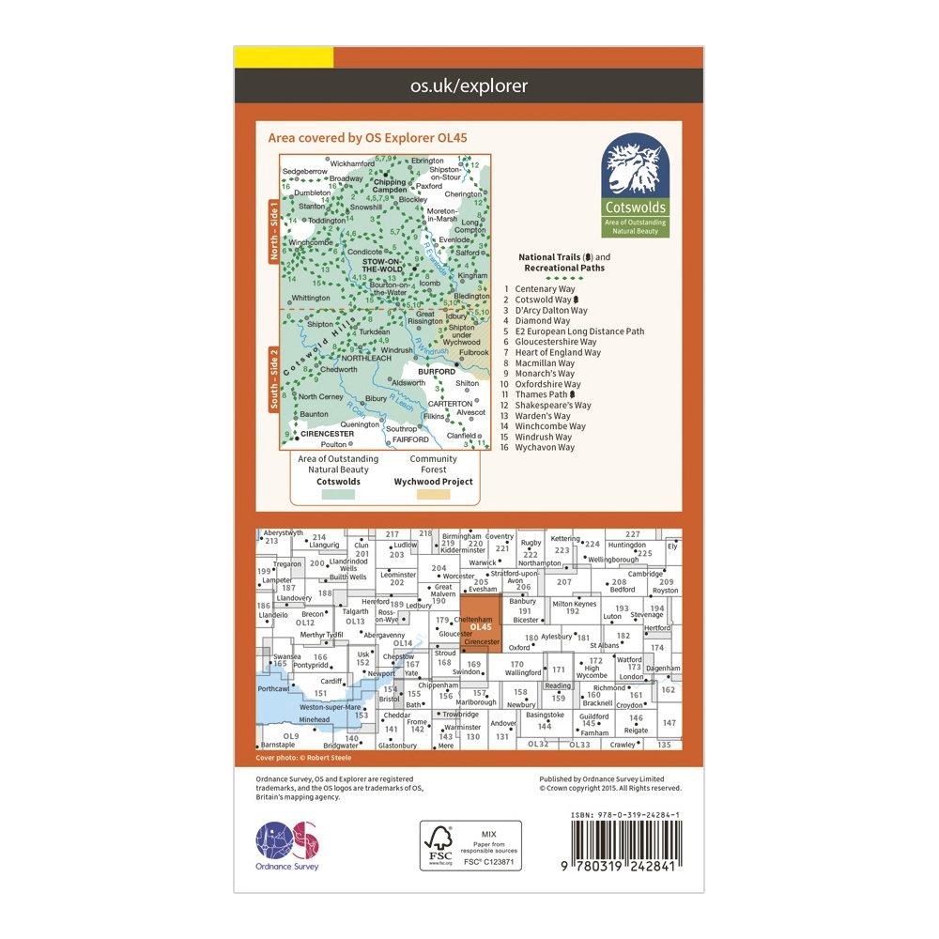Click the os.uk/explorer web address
click(469, 86)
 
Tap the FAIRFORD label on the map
click(409, 439)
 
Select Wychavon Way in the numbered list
click(546, 447)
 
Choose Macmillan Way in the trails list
click(545, 363)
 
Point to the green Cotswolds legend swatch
click(338, 492)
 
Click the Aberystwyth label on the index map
click(285, 532)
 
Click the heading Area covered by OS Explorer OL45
click(368, 137)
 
